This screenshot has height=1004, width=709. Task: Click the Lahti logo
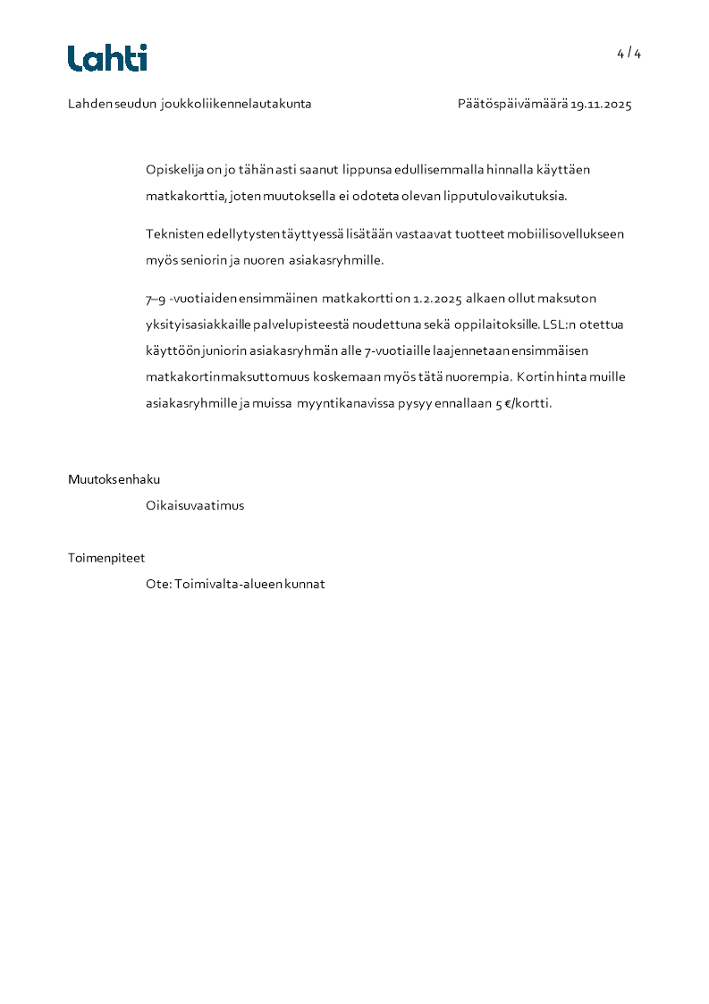click(x=107, y=58)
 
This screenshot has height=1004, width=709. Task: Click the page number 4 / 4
click(x=629, y=54)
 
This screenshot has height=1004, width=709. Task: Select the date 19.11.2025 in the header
click(x=601, y=105)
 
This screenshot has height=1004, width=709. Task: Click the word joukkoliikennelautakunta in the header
click(x=237, y=105)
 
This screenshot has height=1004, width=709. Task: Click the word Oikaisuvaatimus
click(x=195, y=506)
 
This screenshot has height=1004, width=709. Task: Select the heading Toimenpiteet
click(x=106, y=558)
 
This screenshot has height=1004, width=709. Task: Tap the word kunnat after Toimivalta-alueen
click(x=306, y=585)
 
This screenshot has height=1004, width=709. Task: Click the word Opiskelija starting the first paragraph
click(x=175, y=170)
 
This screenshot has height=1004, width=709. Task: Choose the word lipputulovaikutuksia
click(x=510, y=196)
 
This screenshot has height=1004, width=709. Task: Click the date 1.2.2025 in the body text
click(x=436, y=299)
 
